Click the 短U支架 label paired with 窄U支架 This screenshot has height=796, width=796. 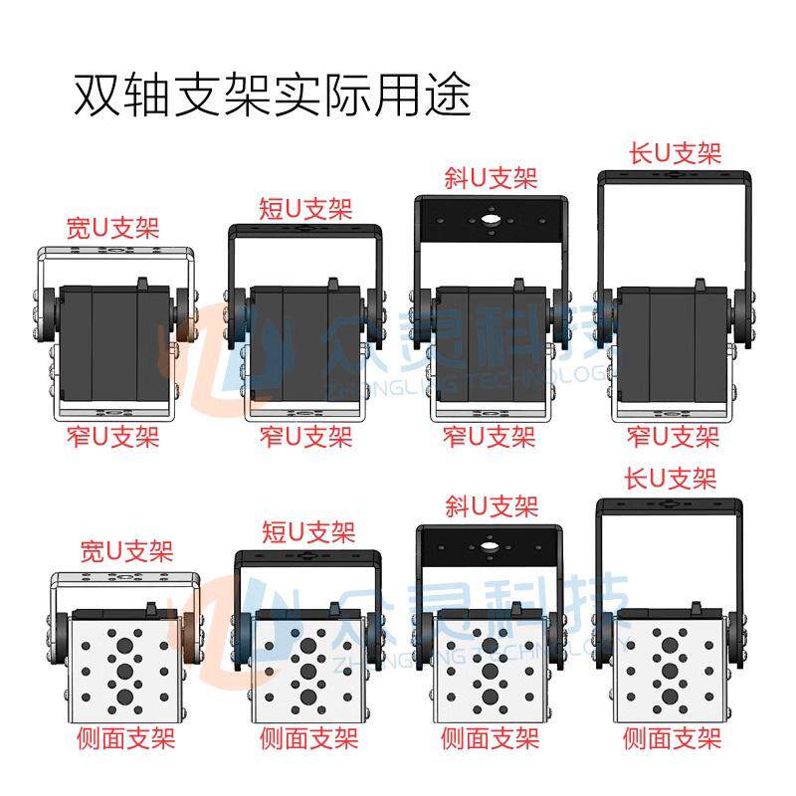(305, 209)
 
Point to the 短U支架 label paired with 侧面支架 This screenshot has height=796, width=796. (307, 531)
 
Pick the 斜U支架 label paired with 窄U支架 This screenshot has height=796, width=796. (490, 179)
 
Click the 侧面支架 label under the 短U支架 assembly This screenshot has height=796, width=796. (308, 739)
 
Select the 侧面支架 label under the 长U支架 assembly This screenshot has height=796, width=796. (673, 739)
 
